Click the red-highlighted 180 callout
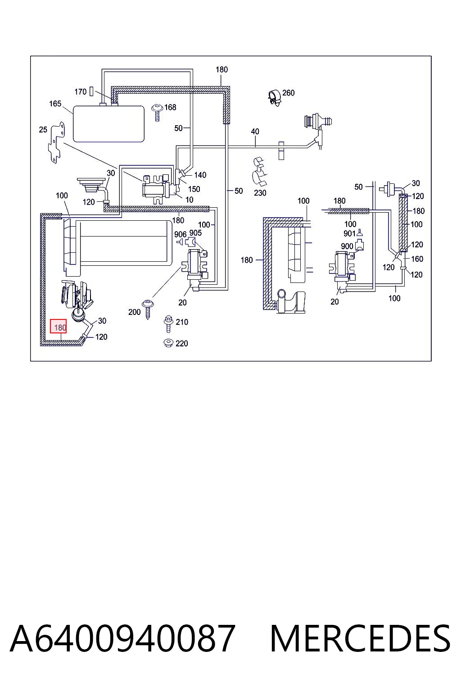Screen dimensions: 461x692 coord(59,327)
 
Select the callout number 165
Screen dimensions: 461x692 coord(55,104)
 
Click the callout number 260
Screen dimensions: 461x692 coord(289,93)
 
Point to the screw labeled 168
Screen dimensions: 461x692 coord(158,113)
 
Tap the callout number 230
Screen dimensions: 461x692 coord(260,193)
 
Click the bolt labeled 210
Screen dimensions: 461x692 coord(168,324)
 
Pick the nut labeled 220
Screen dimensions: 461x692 coord(168,343)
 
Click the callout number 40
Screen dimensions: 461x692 coord(255,131)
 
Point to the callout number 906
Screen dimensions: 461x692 coord(181,234)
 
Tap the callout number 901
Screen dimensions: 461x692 coord(349,233)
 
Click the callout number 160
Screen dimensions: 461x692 coord(417,259)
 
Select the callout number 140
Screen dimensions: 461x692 coord(200,175)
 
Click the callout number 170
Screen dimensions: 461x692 coord(81,92)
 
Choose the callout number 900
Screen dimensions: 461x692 coord(347,246)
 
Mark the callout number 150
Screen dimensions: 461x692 coord(194,189)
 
